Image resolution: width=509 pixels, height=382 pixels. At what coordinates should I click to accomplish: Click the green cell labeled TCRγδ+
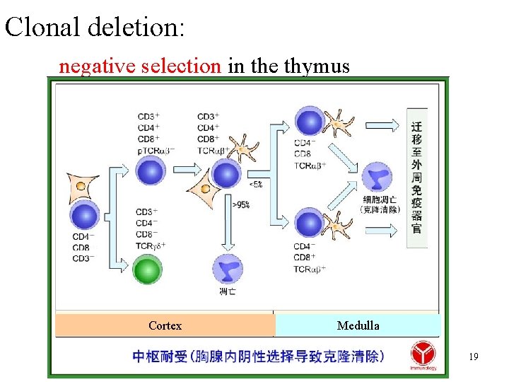(x=148, y=270)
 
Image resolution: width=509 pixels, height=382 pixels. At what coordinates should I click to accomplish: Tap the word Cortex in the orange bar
(x=165, y=325)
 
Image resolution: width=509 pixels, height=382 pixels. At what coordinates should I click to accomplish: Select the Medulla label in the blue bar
(x=358, y=325)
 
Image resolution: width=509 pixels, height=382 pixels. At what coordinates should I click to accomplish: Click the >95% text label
(x=241, y=204)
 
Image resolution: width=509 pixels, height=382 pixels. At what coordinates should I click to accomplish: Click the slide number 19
(x=473, y=357)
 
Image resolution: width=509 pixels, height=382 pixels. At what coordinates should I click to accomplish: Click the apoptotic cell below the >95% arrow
(x=228, y=270)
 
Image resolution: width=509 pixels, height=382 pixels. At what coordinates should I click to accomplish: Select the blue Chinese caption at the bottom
(x=259, y=356)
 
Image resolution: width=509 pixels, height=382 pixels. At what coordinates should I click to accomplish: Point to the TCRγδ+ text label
(x=151, y=245)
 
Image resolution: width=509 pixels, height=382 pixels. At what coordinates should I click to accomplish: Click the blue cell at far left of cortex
(x=85, y=216)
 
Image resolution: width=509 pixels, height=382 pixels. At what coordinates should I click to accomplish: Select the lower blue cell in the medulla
(x=309, y=224)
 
